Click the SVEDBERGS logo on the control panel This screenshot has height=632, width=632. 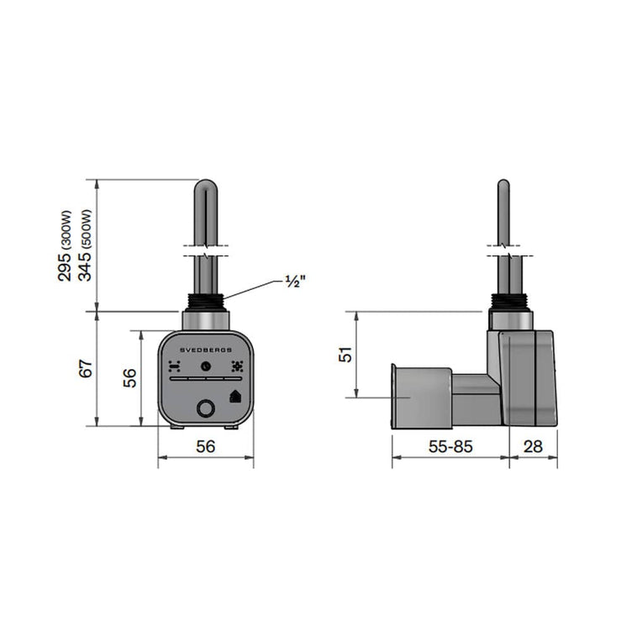(x=206, y=350)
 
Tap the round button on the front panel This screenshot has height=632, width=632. (x=206, y=408)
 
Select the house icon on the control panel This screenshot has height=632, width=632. (x=235, y=397)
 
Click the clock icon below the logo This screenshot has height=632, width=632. (x=206, y=366)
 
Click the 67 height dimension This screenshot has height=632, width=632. (x=86, y=368)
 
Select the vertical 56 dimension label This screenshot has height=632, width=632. (x=129, y=378)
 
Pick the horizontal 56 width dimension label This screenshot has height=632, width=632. (x=206, y=446)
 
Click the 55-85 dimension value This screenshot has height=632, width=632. (x=450, y=446)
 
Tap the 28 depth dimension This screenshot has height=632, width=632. (x=533, y=446)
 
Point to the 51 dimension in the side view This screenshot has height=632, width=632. (x=345, y=355)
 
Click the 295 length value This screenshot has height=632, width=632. (x=65, y=266)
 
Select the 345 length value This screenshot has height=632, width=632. (x=85, y=266)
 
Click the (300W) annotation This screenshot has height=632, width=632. (x=66, y=230)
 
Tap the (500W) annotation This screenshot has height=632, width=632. (x=87, y=230)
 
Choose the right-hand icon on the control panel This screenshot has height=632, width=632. (x=237, y=366)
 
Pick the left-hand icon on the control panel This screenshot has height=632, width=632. (x=174, y=366)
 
